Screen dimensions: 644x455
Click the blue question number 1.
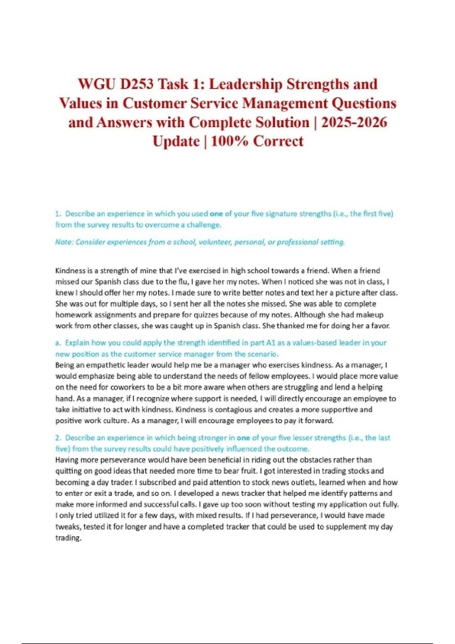[x=58, y=214]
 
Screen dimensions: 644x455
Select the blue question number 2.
[x=58, y=438]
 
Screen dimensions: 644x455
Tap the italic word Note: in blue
[x=64, y=242]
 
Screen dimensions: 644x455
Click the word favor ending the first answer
[x=382, y=326]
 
